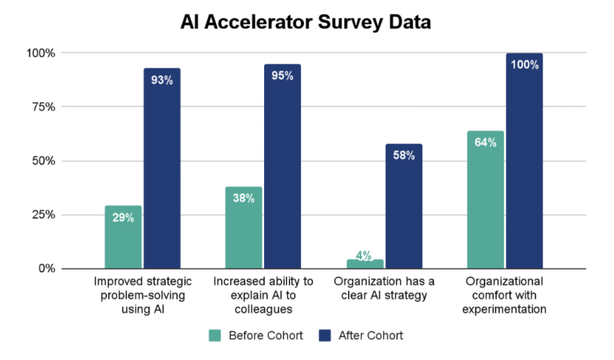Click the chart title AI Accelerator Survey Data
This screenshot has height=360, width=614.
click(x=306, y=22)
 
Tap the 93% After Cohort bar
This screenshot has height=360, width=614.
click(x=162, y=169)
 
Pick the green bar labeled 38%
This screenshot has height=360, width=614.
click(x=243, y=228)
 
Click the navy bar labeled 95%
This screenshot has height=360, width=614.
click(x=282, y=167)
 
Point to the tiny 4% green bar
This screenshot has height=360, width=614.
click(x=365, y=264)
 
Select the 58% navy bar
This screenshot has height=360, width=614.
click(x=404, y=206)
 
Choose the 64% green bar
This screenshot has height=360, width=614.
click(x=485, y=200)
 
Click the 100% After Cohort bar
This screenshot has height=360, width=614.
click(x=524, y=161)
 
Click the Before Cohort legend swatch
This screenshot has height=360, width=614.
click(x=216, y=335)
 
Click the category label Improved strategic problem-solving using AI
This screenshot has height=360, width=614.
click(x=142, y=295)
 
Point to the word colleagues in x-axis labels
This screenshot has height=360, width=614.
click(x=262, y=309)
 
